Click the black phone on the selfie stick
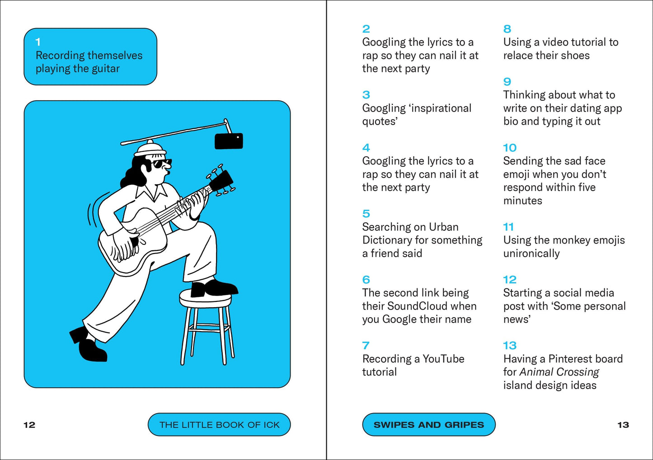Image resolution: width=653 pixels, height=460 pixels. pos(229,141)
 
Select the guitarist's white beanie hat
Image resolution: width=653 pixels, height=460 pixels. pos(150,149)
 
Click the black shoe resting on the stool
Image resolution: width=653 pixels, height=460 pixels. pos(213,288)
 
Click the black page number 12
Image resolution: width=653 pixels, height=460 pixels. pos(29,425)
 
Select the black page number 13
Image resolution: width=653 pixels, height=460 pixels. pos(623,425)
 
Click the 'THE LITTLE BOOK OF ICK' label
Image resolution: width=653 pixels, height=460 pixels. pos(219,425)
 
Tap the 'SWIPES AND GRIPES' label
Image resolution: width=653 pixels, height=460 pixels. pos(428,425)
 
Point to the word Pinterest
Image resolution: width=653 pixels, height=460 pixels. pos(572,359)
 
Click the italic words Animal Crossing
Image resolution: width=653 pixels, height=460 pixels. pos(559,372)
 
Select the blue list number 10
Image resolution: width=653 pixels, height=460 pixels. pos(509,148)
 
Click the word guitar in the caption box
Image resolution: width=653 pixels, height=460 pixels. pos(105,69)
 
